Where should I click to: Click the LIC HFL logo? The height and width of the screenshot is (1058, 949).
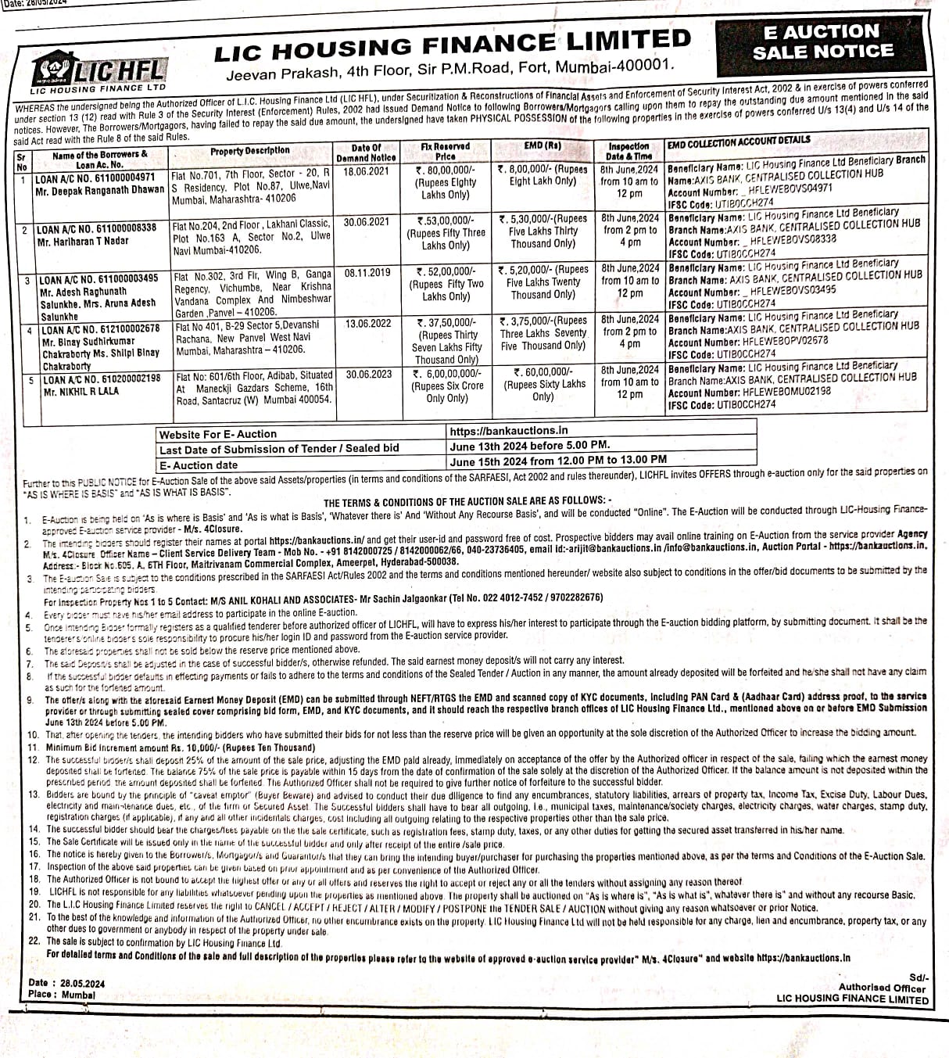tap(99, 71)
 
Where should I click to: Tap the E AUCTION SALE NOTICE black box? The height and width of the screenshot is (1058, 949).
tap(822, 42)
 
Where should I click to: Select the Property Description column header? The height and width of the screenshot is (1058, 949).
tap(249, 150)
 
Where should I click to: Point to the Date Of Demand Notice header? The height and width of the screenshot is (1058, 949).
tap(366, 152)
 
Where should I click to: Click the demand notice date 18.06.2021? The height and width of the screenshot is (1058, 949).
tap(366, 170)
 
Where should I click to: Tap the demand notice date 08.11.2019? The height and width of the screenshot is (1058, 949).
tap(367, 273)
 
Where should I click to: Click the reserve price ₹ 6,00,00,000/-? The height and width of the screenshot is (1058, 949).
tap(447, 374)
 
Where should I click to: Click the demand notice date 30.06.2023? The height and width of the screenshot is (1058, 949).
tap(369, 374)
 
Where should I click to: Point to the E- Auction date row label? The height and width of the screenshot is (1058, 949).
tap(199, 464)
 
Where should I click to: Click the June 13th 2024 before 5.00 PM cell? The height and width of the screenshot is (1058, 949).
tap(529, 445)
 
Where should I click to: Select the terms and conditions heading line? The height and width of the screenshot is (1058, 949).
tap(468, 501)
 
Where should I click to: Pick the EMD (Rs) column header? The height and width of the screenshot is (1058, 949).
tap(543, 145)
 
